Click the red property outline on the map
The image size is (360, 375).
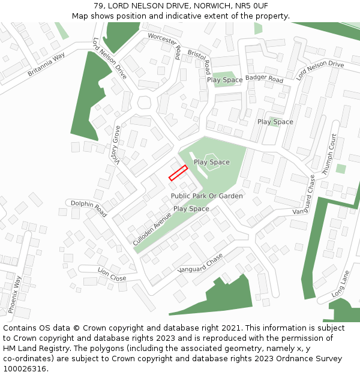[x=178, y=173]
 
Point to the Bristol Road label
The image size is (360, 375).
[x=199, y=58]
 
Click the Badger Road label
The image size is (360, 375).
[x=264, y=79]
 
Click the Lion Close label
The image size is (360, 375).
[x=112, y=275]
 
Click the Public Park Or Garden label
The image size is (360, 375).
[x=207, y=196]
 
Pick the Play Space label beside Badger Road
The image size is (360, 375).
[x=224, y=80]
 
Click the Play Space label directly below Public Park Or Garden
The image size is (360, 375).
[x=191, y=209]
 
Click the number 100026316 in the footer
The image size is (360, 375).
[x=24, y=369]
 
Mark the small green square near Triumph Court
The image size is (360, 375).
[x=340, y=169]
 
